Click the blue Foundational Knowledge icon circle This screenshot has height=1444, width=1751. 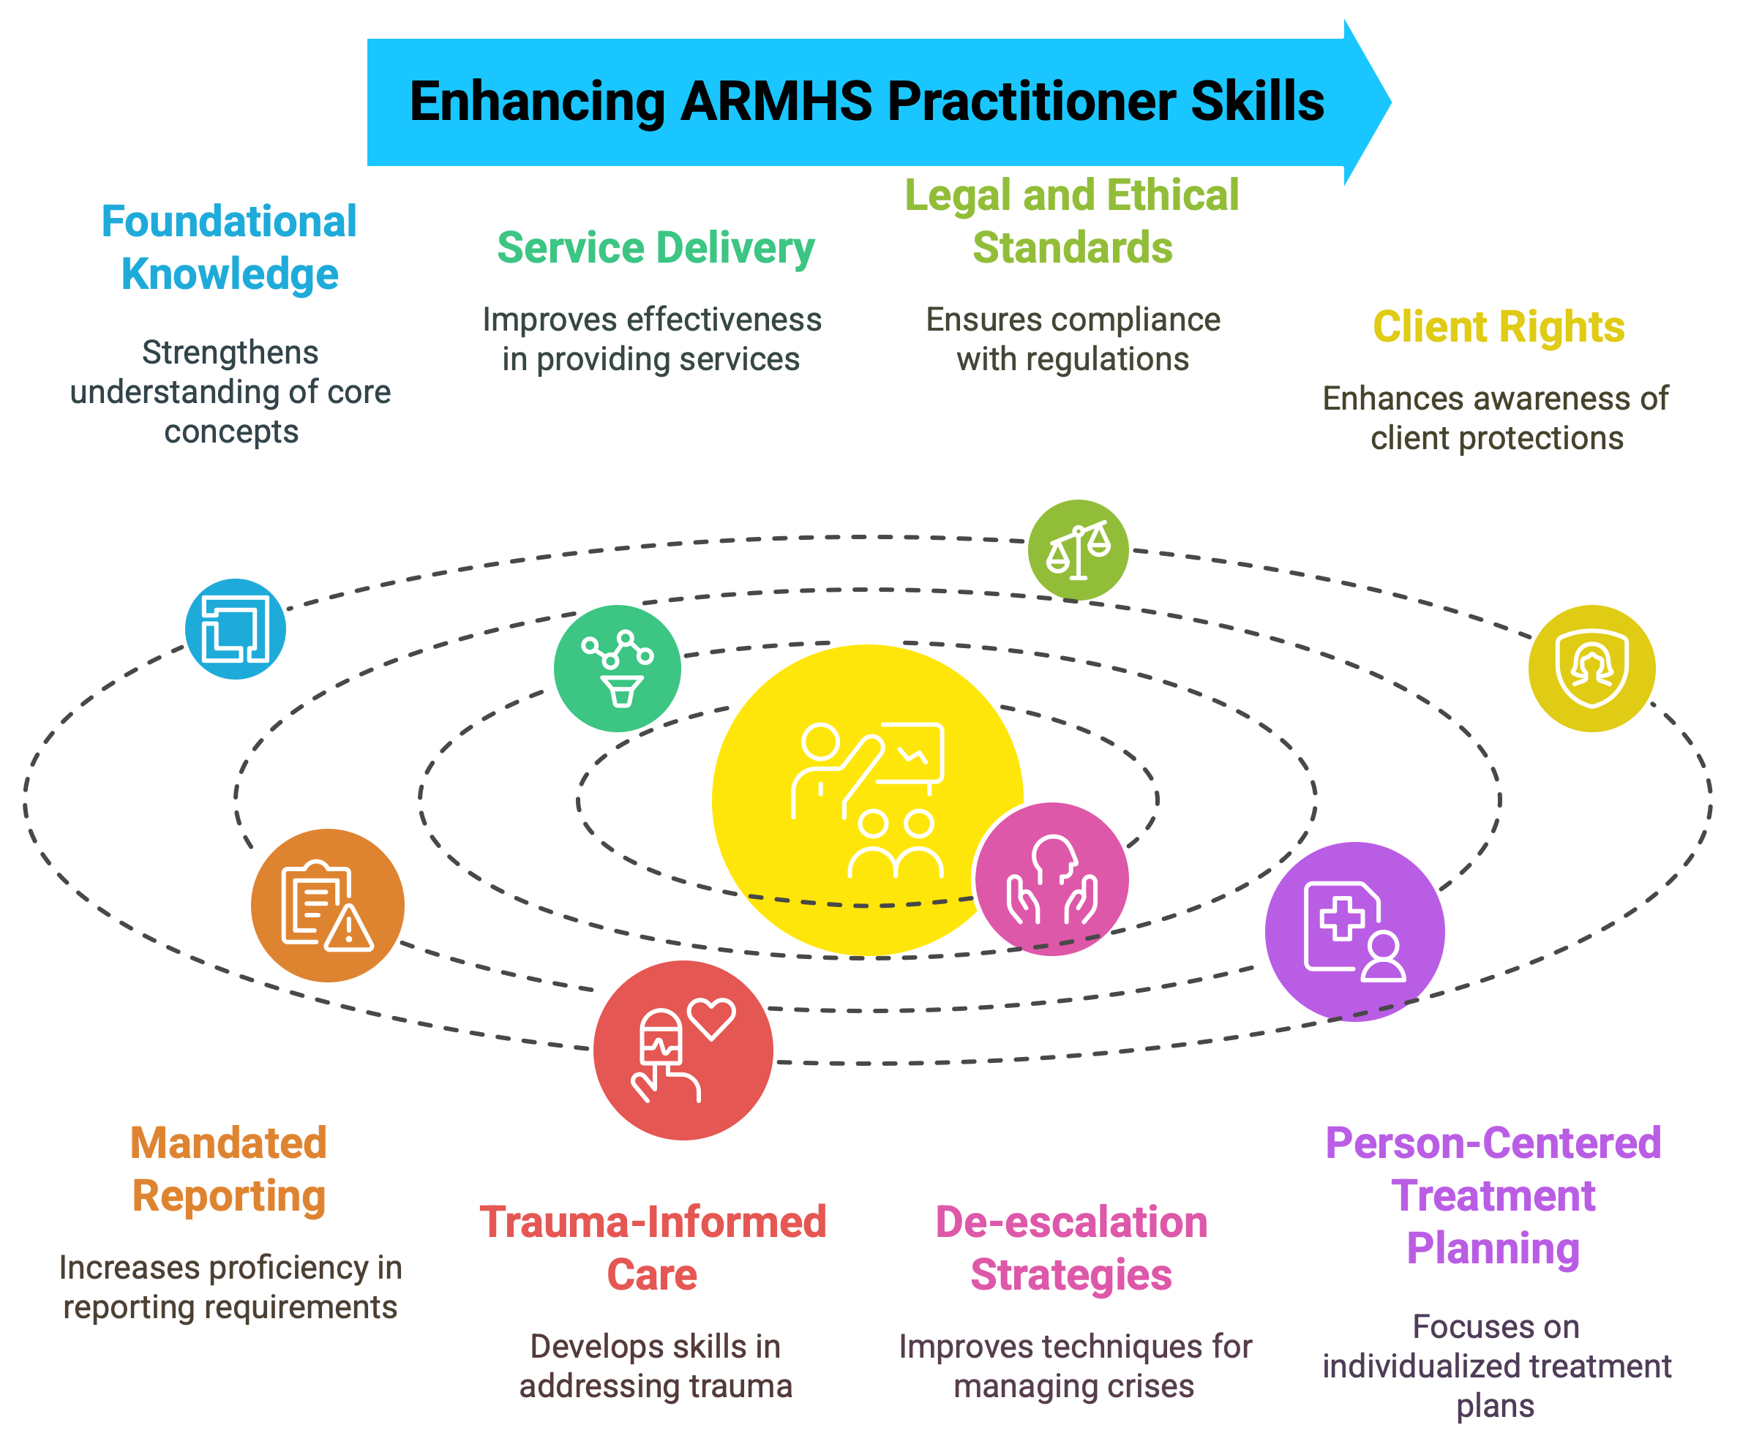pyautogui.click(x=236, y=629)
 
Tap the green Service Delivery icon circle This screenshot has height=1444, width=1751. pyautogui.click(x=618, y=668)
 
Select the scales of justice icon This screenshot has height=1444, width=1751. pyautogui.click(x=1078, y=550)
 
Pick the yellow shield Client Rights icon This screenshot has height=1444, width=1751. pyautogui.click(x=1591, y=668)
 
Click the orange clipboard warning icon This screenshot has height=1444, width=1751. pyautogui.click(x=328, y=905)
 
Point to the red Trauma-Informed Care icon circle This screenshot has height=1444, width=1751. pyautogui.click(x=683, y=1050)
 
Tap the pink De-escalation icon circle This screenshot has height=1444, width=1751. pyautogui.click(x=1051, y=879)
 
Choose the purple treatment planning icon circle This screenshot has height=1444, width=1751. pyautogui.click(x=1354, y=932)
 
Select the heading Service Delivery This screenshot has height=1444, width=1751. pyautogui.click(x=656, y=248)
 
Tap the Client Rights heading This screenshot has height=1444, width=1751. pyautogui.click(x=1498, y=327)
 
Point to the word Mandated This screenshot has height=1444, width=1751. pyautogui.click(x=229, y=1143)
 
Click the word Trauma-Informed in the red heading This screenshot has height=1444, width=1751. pyautogui.click(x=653, y=1222)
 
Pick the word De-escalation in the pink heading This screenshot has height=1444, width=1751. pyautogui.click(x=1071, y=1222)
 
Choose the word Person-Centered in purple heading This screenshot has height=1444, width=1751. pyautogui.click(x=1493, y=1143)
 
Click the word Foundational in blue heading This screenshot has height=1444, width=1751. pyautogui.click(x=229, y=221)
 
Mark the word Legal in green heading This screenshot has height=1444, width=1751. pyautogui.click(x=956, y=195)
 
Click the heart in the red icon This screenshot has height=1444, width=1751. pyautogui.click(x=712, y=1017)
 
